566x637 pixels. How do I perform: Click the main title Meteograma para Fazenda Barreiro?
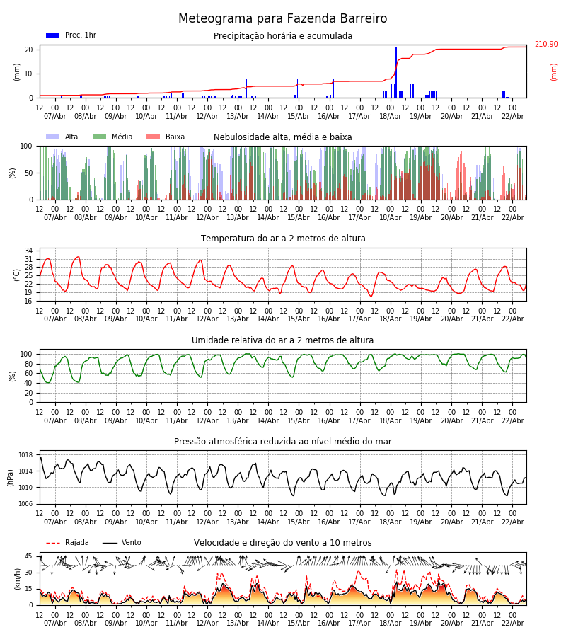pyautogui.click(x=283, y=19)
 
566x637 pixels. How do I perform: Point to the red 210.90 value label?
pyautogui.click(x=545, y=45)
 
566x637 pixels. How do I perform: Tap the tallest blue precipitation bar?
pyautogui.click(x=396, y=71)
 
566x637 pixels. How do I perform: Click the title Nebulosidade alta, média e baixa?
pyautogui.click(x=283, y=137)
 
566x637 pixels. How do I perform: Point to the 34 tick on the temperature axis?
pyautogui.click(x=29, y=251)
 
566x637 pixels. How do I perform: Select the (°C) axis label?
pyautogui.click(x=17, y=275)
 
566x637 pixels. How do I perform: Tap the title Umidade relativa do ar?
pyautogui.click(x=283, y=340)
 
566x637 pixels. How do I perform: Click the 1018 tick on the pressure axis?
pyautogui.click(x=25, y=455)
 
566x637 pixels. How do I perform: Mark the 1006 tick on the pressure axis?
pyautogui.click(x=25, y=504)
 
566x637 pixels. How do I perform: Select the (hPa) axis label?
pyautogui.click(x=10, y=477)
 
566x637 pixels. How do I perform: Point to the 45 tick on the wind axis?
pyautogui.click(x=29, y=556)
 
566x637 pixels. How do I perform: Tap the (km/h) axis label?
pyautogui.click(x=17, y=578)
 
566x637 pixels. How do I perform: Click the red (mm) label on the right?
pyautogui.click(x=554, y=71)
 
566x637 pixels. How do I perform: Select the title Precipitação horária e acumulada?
pyautogui.click(x=283, y=36)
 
